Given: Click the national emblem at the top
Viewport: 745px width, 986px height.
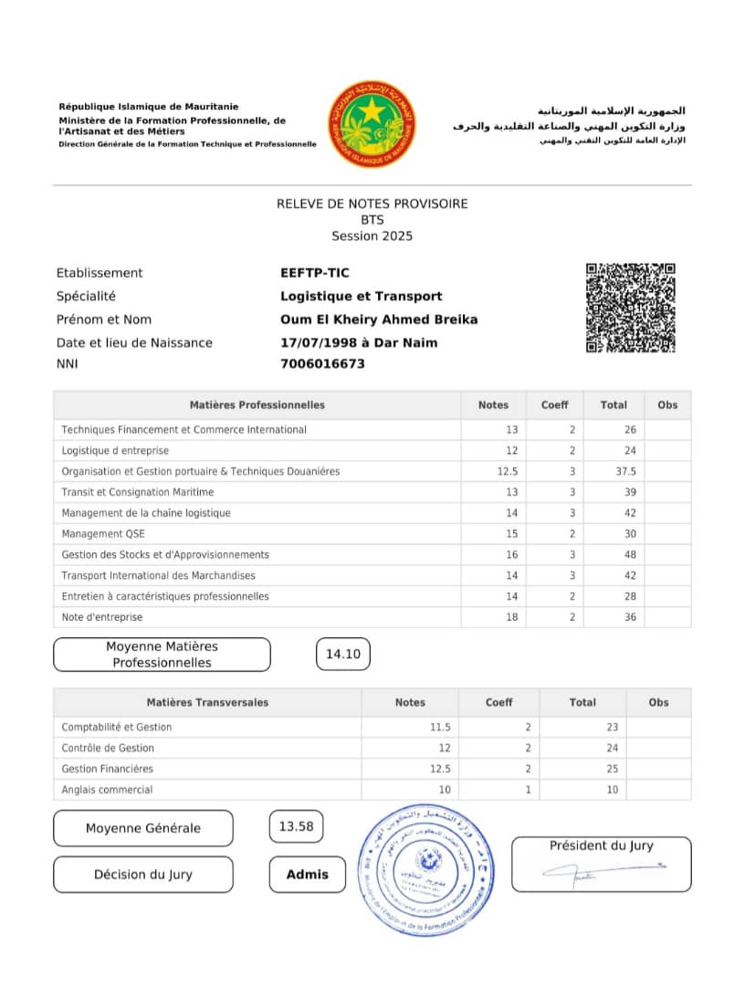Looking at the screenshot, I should click(x=372, y=124).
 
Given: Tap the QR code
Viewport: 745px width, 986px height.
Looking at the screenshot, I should click(x=630, y=308).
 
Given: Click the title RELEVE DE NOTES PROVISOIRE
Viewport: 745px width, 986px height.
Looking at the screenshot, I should click(x=372, y=204).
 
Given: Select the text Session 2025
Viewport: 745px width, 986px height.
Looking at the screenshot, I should click(x=372, y=236).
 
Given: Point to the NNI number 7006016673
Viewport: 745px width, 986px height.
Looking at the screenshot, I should click(x=322, y=363).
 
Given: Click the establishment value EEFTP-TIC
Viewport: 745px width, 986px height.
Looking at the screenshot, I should click(x=315, y=272).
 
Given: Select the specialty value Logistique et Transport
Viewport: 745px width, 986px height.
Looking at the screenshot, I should click(x=361, y=296).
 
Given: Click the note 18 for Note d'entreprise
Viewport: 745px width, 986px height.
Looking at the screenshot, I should click(x=511, y=617).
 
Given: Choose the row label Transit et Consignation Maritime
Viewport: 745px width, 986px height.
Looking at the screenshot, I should click(x=137, y=492).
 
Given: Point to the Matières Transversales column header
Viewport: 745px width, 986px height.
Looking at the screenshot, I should click(x=207, y=702).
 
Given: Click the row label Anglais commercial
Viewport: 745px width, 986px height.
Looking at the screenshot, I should click(x=107, y=790).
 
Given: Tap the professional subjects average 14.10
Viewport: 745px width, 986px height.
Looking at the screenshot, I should click(x=343, y=654).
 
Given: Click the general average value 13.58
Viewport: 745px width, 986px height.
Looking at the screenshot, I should click(x=296, y=827).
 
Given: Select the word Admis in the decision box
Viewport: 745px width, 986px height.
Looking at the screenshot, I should click(x=308, y=874).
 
